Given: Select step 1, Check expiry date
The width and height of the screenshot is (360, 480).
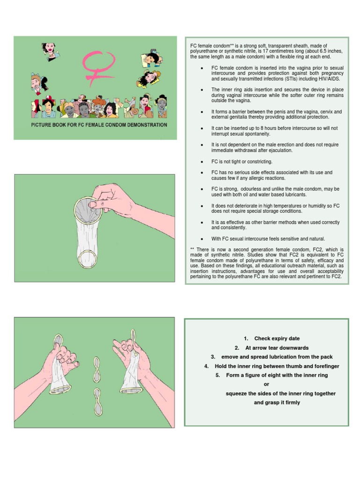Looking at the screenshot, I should tap(271, 338).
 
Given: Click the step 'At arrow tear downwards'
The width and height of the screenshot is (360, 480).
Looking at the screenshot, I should tap(271, 348).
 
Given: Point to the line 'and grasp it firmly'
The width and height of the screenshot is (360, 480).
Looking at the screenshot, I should tap(277, 403).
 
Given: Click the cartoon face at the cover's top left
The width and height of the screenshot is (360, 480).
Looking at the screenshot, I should tap(48, 49).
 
